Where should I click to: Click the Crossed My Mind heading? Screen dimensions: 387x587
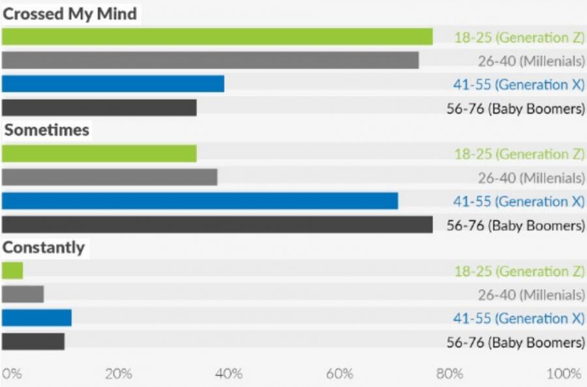pyautogui.click(x=70, y=14)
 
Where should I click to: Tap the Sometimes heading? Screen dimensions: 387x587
pyautogui.click(x=47, y=130)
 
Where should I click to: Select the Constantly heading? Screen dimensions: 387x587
pyautogui.click(x=44, y=247)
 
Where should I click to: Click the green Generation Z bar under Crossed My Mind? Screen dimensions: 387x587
pyautogui.click(x=217, y=37)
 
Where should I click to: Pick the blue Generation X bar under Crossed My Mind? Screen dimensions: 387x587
pyautogui.click(x=113, y=84)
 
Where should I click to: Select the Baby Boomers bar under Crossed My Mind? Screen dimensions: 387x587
pyautogui.click(x=99, y=108)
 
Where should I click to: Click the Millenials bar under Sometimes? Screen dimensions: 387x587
pyautogui.click(x=110, y=178)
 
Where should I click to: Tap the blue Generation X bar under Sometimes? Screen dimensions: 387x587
pyautogui.click(x=200, y=201)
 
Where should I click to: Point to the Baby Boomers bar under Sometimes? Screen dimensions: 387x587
pyautogui.click(x=217, y=224)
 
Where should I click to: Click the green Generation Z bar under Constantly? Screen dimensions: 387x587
pyautogui.click(x=12, y=270)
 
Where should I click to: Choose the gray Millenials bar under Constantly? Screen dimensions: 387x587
pyautogui.click(x=23, y=294)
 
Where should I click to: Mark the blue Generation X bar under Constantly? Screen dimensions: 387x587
pyautogui.click(x=37, y=318)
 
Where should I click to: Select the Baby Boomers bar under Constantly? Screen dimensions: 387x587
pyautogui.click(x=33, y=341)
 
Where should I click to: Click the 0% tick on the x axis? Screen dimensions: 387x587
pyautogui.click(x=12, y=374)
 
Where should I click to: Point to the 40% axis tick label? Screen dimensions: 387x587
pyautogui.click(x=229, y=374)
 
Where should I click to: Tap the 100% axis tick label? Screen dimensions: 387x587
pyautogui.click(x=564, y=374)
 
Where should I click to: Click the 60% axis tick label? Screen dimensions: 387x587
pyautogui.click(x=340, y=374)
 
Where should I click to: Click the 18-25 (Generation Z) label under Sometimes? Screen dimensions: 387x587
pyautogui.click(x=519, y=154)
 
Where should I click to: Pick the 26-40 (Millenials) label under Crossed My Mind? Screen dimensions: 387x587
pyautogui.click(x=531, y=61)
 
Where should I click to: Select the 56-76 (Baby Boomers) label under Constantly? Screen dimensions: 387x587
pyautogui.click(x=515, y=342)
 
